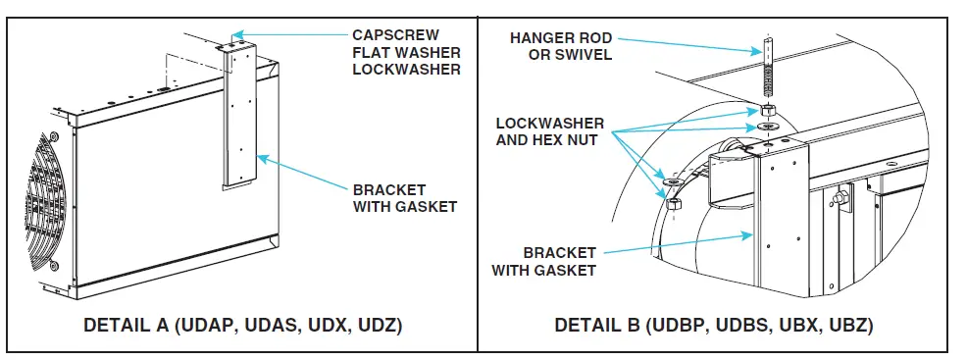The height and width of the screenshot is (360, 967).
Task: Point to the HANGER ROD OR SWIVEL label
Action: point(562,45)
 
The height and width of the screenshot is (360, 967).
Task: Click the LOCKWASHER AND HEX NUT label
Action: point(550,133)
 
